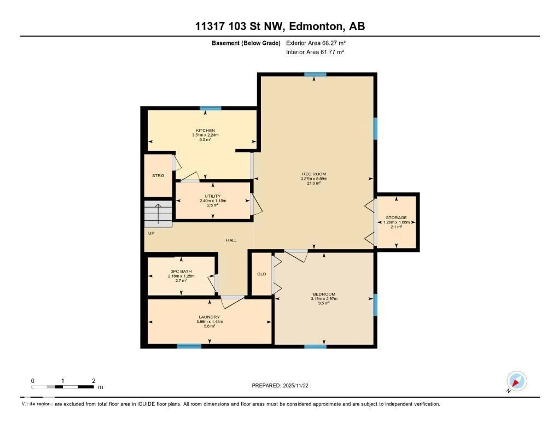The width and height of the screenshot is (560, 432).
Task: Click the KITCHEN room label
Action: [205, 130]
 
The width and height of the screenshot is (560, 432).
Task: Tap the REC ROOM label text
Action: [314, 174]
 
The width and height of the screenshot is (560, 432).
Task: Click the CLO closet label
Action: [261, 274]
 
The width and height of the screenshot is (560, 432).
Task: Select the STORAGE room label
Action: [396, 218]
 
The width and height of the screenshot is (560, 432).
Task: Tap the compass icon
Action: [517, 381]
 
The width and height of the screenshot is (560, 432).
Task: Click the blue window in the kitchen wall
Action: [211, 108]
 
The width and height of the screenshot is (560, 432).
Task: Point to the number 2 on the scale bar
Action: [94, 381]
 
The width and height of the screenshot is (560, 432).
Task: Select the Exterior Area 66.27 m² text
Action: [316, 43]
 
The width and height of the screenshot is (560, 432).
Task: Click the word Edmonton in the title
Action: [316, 26]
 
